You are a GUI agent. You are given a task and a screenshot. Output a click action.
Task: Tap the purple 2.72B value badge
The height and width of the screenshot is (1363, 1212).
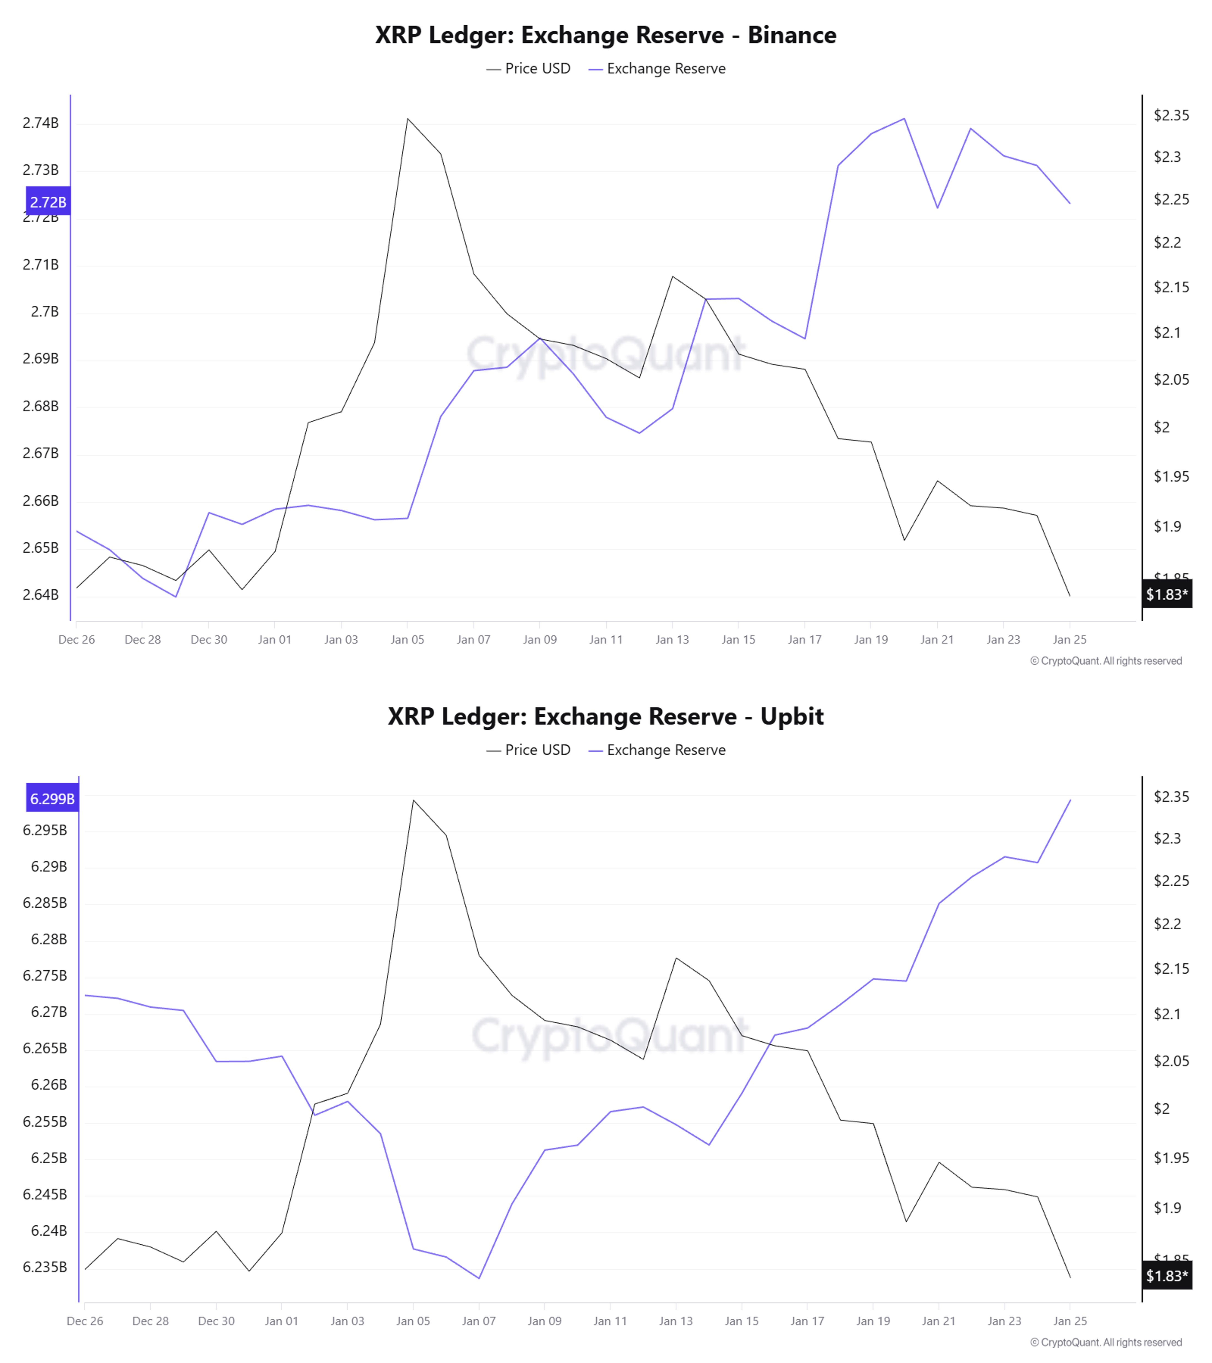(48, 201)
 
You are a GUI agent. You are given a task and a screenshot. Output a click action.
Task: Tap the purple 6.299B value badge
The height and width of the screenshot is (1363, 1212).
(52, 798)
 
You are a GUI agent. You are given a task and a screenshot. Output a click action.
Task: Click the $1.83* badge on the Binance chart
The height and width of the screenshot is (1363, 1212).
(1167, 594)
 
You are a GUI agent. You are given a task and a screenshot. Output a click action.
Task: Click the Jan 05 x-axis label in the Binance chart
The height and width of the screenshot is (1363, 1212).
(407, 639)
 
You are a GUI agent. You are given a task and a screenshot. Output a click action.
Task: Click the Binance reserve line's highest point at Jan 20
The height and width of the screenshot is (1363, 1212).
(904, 119)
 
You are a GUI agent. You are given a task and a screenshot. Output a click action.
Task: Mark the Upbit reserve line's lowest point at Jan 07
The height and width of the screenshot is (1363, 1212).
(479, 1278)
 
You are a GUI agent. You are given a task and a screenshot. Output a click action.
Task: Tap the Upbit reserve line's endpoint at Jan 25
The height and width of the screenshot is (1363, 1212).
(1070, 800)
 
